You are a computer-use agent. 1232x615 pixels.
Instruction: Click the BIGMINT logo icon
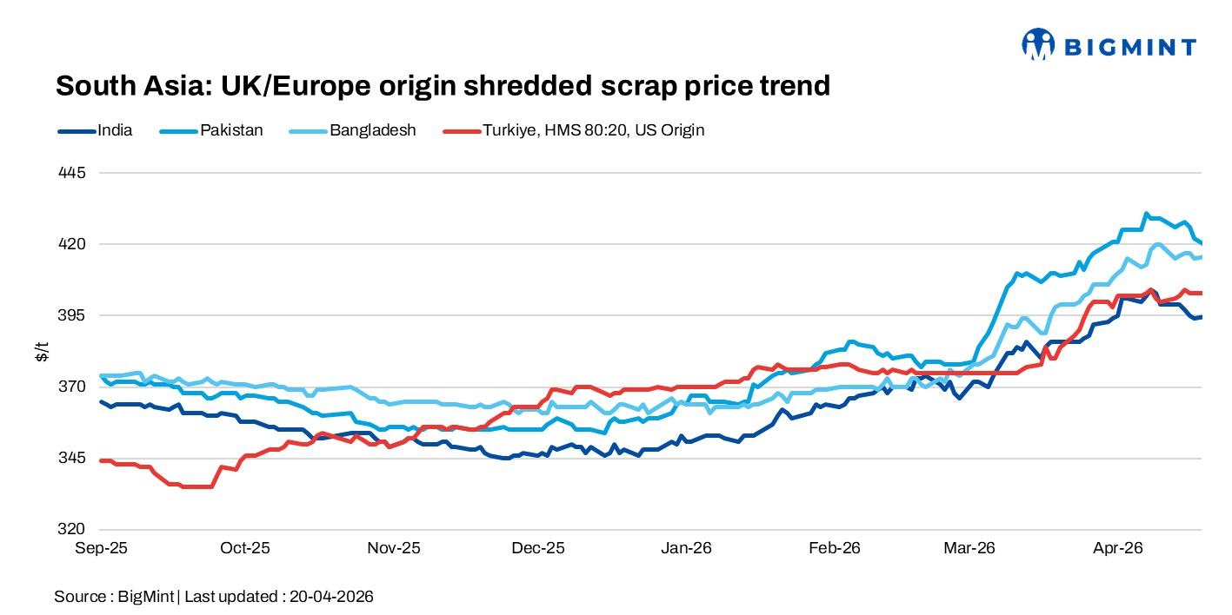click(1038, 44)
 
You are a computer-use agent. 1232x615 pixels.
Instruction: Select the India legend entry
click(115, 130)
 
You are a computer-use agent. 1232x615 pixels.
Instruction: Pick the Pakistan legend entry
click(231, 130)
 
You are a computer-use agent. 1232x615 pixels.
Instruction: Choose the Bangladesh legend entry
click(372, 130)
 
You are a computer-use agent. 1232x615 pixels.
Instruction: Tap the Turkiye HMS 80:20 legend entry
click(593, 130)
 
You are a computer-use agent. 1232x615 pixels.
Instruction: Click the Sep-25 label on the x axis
click(101, 548)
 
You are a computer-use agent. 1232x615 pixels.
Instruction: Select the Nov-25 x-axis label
click(394, 548)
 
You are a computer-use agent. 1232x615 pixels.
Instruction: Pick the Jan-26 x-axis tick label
click(687, 548)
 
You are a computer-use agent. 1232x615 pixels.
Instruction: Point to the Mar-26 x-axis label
click(969, 548)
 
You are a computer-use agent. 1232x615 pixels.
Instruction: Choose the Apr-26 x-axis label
click(1117, 548)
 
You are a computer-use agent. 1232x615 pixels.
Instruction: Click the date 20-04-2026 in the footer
click(331, 597)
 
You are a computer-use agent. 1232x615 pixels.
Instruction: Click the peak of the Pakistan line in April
click(1147, 213)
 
